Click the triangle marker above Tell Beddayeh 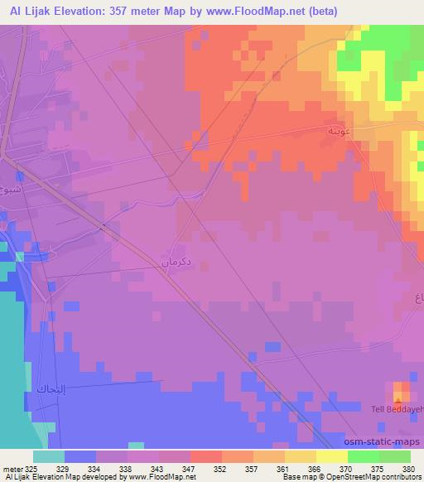pos(399,398)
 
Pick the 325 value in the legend pos(31,468)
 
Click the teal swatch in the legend pos(49,456)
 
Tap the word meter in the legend pos(12,468)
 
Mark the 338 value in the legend pos(127,468)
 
